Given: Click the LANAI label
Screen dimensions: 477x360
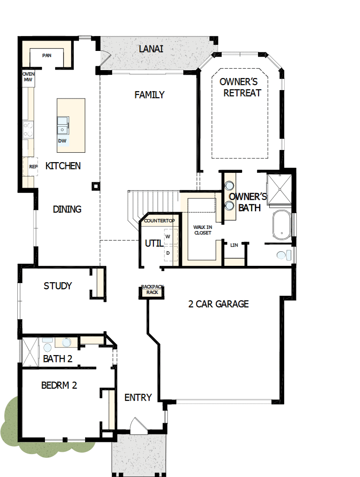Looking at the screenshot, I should pos(151,49).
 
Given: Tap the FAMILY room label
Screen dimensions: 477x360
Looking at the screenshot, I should pos(150,95).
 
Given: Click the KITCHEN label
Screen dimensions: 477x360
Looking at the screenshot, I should pos(63,166).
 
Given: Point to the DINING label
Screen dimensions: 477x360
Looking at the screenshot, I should pos(67,209).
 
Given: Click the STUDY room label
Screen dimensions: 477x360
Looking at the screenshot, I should pos(58,286).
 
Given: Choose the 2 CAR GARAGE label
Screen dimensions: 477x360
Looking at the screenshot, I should pos(218,304).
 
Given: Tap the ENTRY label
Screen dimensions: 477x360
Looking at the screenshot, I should pos(138,398).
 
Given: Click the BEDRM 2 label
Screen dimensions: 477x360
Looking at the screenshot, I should pos(59,385).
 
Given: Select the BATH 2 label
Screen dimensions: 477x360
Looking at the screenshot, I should pos(58,359).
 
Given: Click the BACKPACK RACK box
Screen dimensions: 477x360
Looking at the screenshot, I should pos(150,290).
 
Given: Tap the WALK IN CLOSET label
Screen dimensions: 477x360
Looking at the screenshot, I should pos(202,230).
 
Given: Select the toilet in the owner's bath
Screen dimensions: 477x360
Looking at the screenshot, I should pos(283,256).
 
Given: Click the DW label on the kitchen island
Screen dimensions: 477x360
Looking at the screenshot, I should pos(62,141).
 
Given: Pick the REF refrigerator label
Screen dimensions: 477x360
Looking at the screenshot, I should pos(33,166).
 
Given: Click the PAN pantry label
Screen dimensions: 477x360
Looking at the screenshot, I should pos(47,56).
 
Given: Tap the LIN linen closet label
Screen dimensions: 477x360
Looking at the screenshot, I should pos(234,244).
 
